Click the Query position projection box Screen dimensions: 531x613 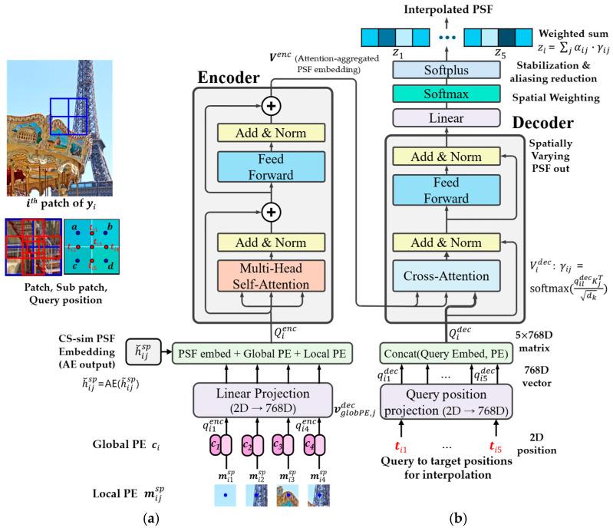point(446,401)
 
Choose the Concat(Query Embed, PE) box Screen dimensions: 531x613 point(446,352)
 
